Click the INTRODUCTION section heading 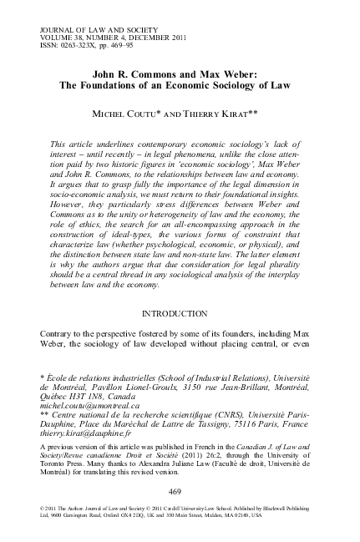click(x=180, y=314)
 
